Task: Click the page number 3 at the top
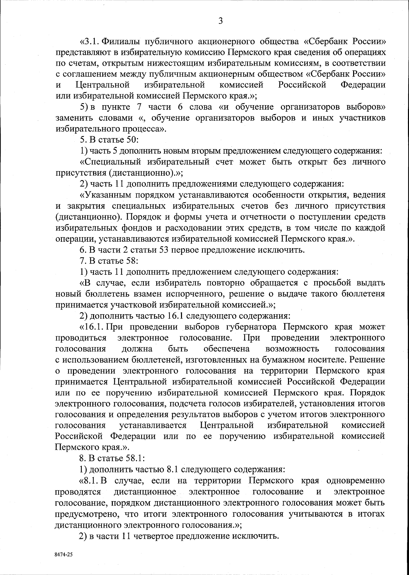[x=221, y=21]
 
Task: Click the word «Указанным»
[x=108, y=195]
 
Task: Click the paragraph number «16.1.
[x=92, y=327]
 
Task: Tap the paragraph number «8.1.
[x=89, y=481]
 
